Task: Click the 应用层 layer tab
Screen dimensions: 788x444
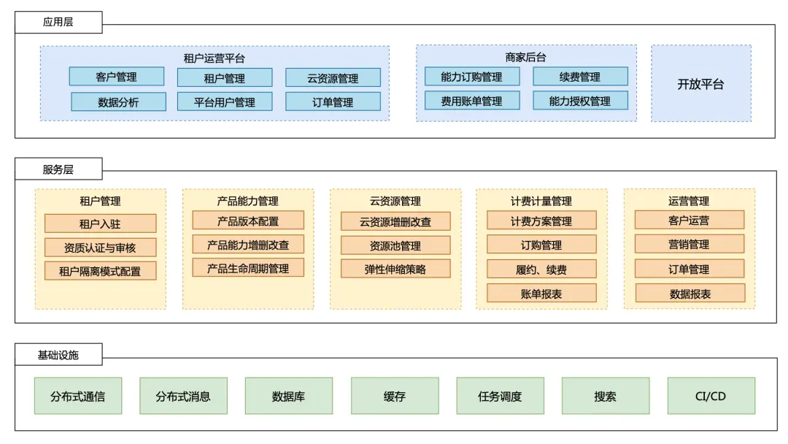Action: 58,22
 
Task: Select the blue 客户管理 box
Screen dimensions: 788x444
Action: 117,77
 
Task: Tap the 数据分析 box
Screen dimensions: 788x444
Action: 119,102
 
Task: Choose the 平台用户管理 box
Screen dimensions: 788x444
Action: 225,102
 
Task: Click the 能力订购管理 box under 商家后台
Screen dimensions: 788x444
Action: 472,77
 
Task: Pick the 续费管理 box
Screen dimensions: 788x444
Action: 581,77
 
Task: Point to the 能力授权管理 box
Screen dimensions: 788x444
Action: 581,101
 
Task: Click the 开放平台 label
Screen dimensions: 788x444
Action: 700,84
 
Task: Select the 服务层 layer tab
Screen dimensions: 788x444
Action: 58,169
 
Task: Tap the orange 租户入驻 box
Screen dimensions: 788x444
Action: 101,223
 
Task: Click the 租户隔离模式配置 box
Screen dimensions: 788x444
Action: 101,271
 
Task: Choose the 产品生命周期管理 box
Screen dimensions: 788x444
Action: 248,268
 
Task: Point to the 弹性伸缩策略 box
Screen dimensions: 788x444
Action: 395,269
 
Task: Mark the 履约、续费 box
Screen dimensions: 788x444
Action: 541,269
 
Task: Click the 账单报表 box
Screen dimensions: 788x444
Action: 541,294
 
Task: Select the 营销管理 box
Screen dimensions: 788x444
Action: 689,245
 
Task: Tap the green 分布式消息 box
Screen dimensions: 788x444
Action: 183,397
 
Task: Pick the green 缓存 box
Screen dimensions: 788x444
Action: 395,397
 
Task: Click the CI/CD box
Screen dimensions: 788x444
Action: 711,397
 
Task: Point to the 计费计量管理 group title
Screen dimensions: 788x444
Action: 541,201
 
